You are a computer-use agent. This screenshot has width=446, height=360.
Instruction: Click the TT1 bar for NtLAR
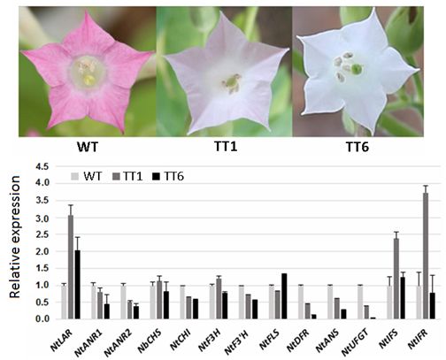71,266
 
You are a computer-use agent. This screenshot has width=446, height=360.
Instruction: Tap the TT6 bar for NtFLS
284,296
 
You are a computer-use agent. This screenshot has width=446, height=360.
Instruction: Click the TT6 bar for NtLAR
78,284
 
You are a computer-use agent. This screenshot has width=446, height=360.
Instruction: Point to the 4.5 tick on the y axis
44,166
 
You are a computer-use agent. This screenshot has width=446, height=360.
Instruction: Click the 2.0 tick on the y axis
44,251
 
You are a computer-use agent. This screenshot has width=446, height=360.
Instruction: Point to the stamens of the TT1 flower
231,82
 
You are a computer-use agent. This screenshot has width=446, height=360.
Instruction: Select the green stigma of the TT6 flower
356,69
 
